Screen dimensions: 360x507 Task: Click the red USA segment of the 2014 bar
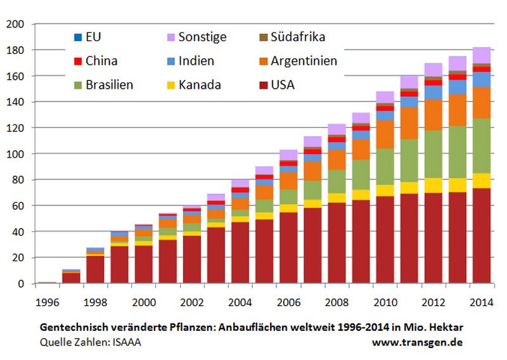pos(482,236)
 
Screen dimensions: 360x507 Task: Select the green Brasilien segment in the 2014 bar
pos(482,146)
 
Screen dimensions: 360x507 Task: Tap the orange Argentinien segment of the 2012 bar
pos(433,115)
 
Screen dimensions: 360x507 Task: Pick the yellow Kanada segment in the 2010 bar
pos(385,190)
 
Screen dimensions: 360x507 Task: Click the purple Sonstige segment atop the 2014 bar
pos(482,55)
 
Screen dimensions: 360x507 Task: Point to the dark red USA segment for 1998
pos(95,269)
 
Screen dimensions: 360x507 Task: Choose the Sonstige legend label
pos(202,37)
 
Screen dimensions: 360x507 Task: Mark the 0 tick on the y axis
pos(21,284)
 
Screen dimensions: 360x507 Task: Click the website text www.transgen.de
pos(417,342)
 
